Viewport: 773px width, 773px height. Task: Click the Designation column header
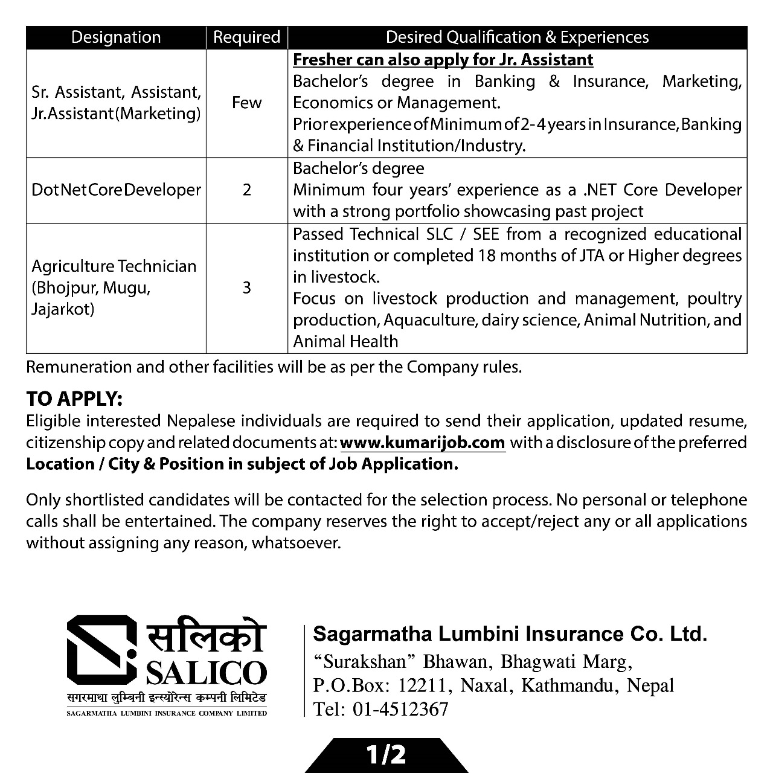[x=116, y=37]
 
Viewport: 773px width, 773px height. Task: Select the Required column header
[x=246, y=37]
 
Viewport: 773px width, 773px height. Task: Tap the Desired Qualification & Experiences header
[x=517, y=37]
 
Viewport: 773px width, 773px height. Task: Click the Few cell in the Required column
[x=246, y=103]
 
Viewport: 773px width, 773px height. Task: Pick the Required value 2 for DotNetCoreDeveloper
[x=246, y=190]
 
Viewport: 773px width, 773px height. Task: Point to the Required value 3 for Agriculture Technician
[x=246, y=287]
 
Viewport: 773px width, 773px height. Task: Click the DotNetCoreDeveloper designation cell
[x=116, y=190]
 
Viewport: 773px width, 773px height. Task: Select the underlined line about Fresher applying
[x=443, y=60]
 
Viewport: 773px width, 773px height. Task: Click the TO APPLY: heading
[x=74, y=399]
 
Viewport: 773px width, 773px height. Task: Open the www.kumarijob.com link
[x=423, y=443]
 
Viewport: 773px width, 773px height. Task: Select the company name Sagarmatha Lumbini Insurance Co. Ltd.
[x=510, y=634]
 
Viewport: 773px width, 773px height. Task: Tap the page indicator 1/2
[x=386, y=756]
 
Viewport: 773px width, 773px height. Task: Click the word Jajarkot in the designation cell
[x=63, y=310]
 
